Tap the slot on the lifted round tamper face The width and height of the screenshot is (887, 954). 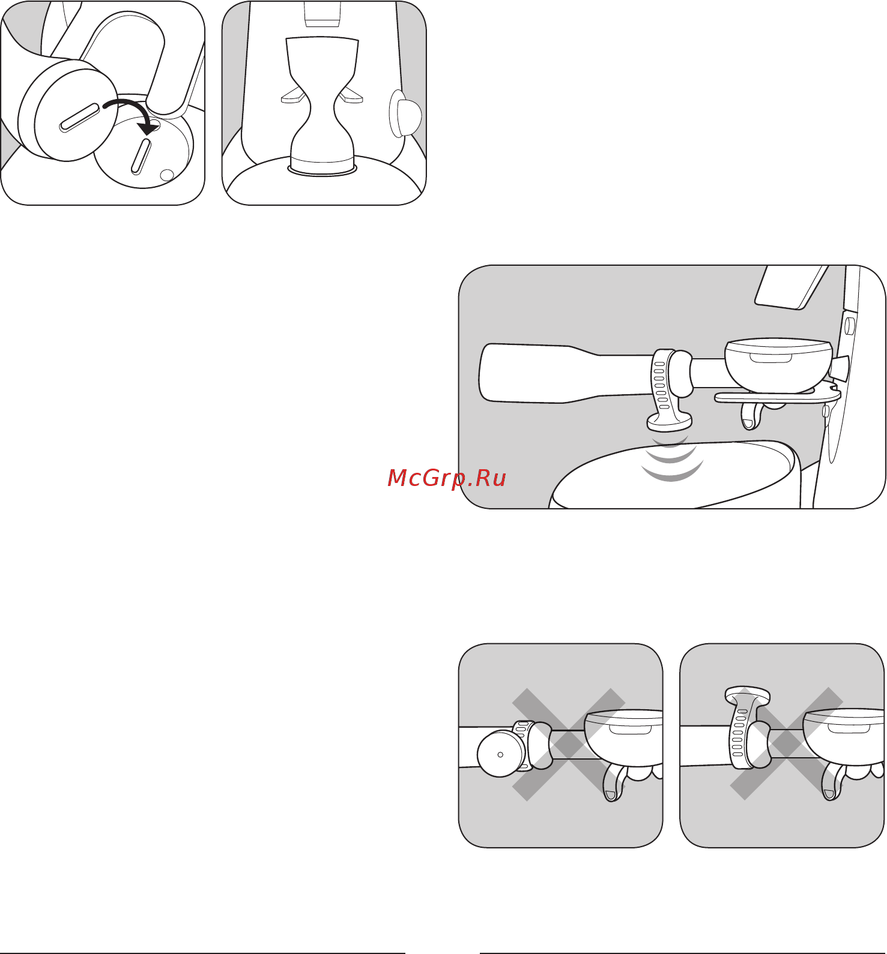click(x=80, y=118)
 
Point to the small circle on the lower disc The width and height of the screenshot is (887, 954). click(x=167, y=175)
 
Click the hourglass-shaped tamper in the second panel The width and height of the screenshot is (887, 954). click(x=323, y=106)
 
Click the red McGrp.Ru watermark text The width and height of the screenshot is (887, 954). click(x=447, y=478)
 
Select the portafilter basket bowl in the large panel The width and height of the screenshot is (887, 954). click(x=778, y=366)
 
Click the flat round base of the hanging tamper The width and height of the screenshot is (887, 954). click(x=670, y=422)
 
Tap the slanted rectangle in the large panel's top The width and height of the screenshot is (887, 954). click(x=791, y=287)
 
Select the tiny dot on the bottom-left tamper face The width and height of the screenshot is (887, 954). click(x=500, y=754)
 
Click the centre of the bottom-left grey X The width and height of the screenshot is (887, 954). click(x=569, y=744)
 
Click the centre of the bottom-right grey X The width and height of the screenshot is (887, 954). click(x=787, y=744)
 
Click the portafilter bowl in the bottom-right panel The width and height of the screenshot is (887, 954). click(x=844, y=738)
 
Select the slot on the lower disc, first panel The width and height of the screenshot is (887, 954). click(x=141, y=156)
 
